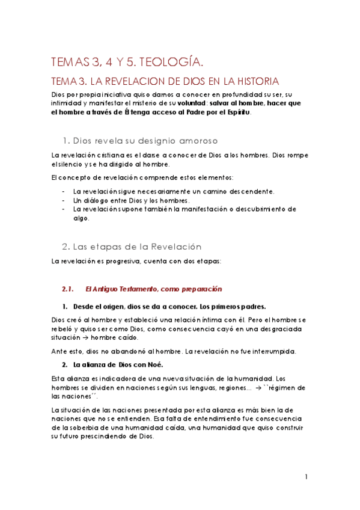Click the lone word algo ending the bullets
pos(81,218)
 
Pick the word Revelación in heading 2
pos(172,247)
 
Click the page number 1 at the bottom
pos(306,477)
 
